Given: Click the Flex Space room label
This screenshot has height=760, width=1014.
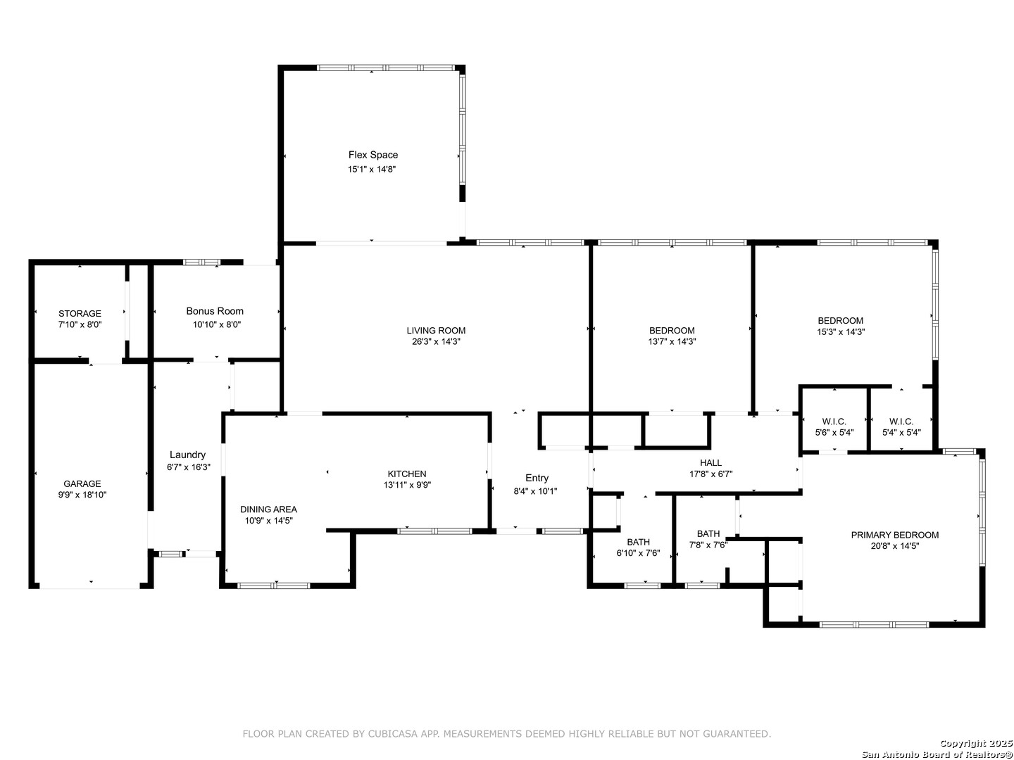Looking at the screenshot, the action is click(373, 155).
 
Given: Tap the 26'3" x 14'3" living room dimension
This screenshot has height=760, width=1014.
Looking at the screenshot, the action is click(436, 342).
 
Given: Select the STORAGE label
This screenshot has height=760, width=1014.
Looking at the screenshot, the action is click(80, 314).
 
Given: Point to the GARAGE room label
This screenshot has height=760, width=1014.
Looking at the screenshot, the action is click(82, 483).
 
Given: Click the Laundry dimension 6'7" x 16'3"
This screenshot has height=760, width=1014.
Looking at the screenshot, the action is click(189, 467).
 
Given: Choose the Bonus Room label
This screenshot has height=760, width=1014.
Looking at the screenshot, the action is click(215, 311).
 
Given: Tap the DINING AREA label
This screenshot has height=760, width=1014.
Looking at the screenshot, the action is click(268, 509).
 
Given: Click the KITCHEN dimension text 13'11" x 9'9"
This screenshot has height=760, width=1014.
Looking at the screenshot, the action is click(407, 485).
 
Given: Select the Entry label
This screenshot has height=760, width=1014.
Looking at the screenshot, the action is click(537, 479).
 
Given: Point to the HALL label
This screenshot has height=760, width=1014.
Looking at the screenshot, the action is click(711, 463).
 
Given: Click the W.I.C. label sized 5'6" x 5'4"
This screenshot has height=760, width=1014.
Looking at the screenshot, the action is click(834, 422).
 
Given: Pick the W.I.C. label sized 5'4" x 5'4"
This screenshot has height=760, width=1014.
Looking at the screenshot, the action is click(901, 422).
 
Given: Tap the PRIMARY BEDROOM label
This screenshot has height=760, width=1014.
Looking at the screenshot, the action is click(895, 536).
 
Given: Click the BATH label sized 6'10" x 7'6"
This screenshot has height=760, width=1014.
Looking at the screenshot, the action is click(639, 542).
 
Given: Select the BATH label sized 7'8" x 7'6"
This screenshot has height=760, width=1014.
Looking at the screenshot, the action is click(708, 534).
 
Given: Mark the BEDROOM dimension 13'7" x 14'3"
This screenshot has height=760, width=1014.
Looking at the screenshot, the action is click(672, 342).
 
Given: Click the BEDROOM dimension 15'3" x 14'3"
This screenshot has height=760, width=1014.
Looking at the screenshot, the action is click(841, 331).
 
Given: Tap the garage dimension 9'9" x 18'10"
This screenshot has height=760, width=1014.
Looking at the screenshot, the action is click(82, 495).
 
